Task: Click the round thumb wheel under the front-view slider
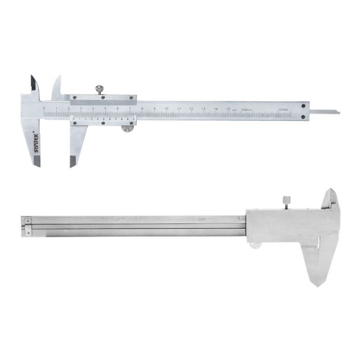pos(127,130)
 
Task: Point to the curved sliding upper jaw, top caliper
pos(56,86)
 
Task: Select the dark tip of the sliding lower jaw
pos(73,160)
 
